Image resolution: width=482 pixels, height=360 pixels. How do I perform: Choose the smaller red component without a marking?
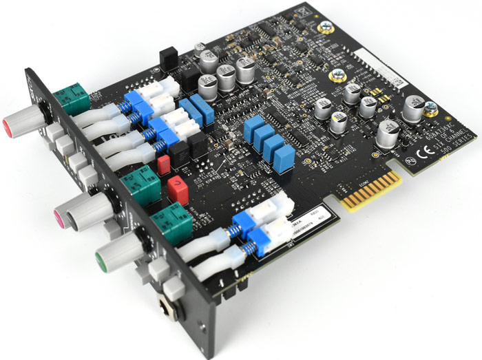[164, 163]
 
